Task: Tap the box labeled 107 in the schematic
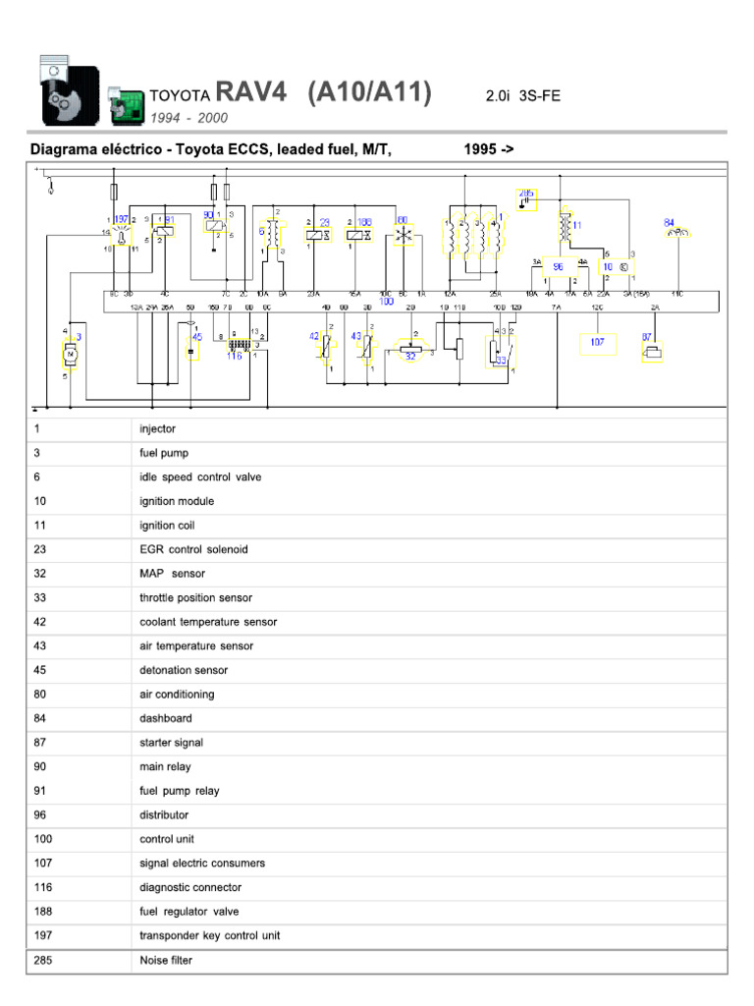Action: tap(597, 343)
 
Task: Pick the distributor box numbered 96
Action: tap(558, 266)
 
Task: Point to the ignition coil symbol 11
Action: tap(565, 228)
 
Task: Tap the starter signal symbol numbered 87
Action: tap(651, 348)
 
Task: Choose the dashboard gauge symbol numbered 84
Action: tap(677, 232)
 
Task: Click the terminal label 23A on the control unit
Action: tap(314, 294)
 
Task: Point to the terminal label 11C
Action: tap(676, 294)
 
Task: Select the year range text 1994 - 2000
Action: tap(188, 118)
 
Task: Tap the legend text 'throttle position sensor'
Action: tap(195, 597)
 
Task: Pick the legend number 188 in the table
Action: tap(42, 911)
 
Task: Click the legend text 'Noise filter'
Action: tap(166, 960)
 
